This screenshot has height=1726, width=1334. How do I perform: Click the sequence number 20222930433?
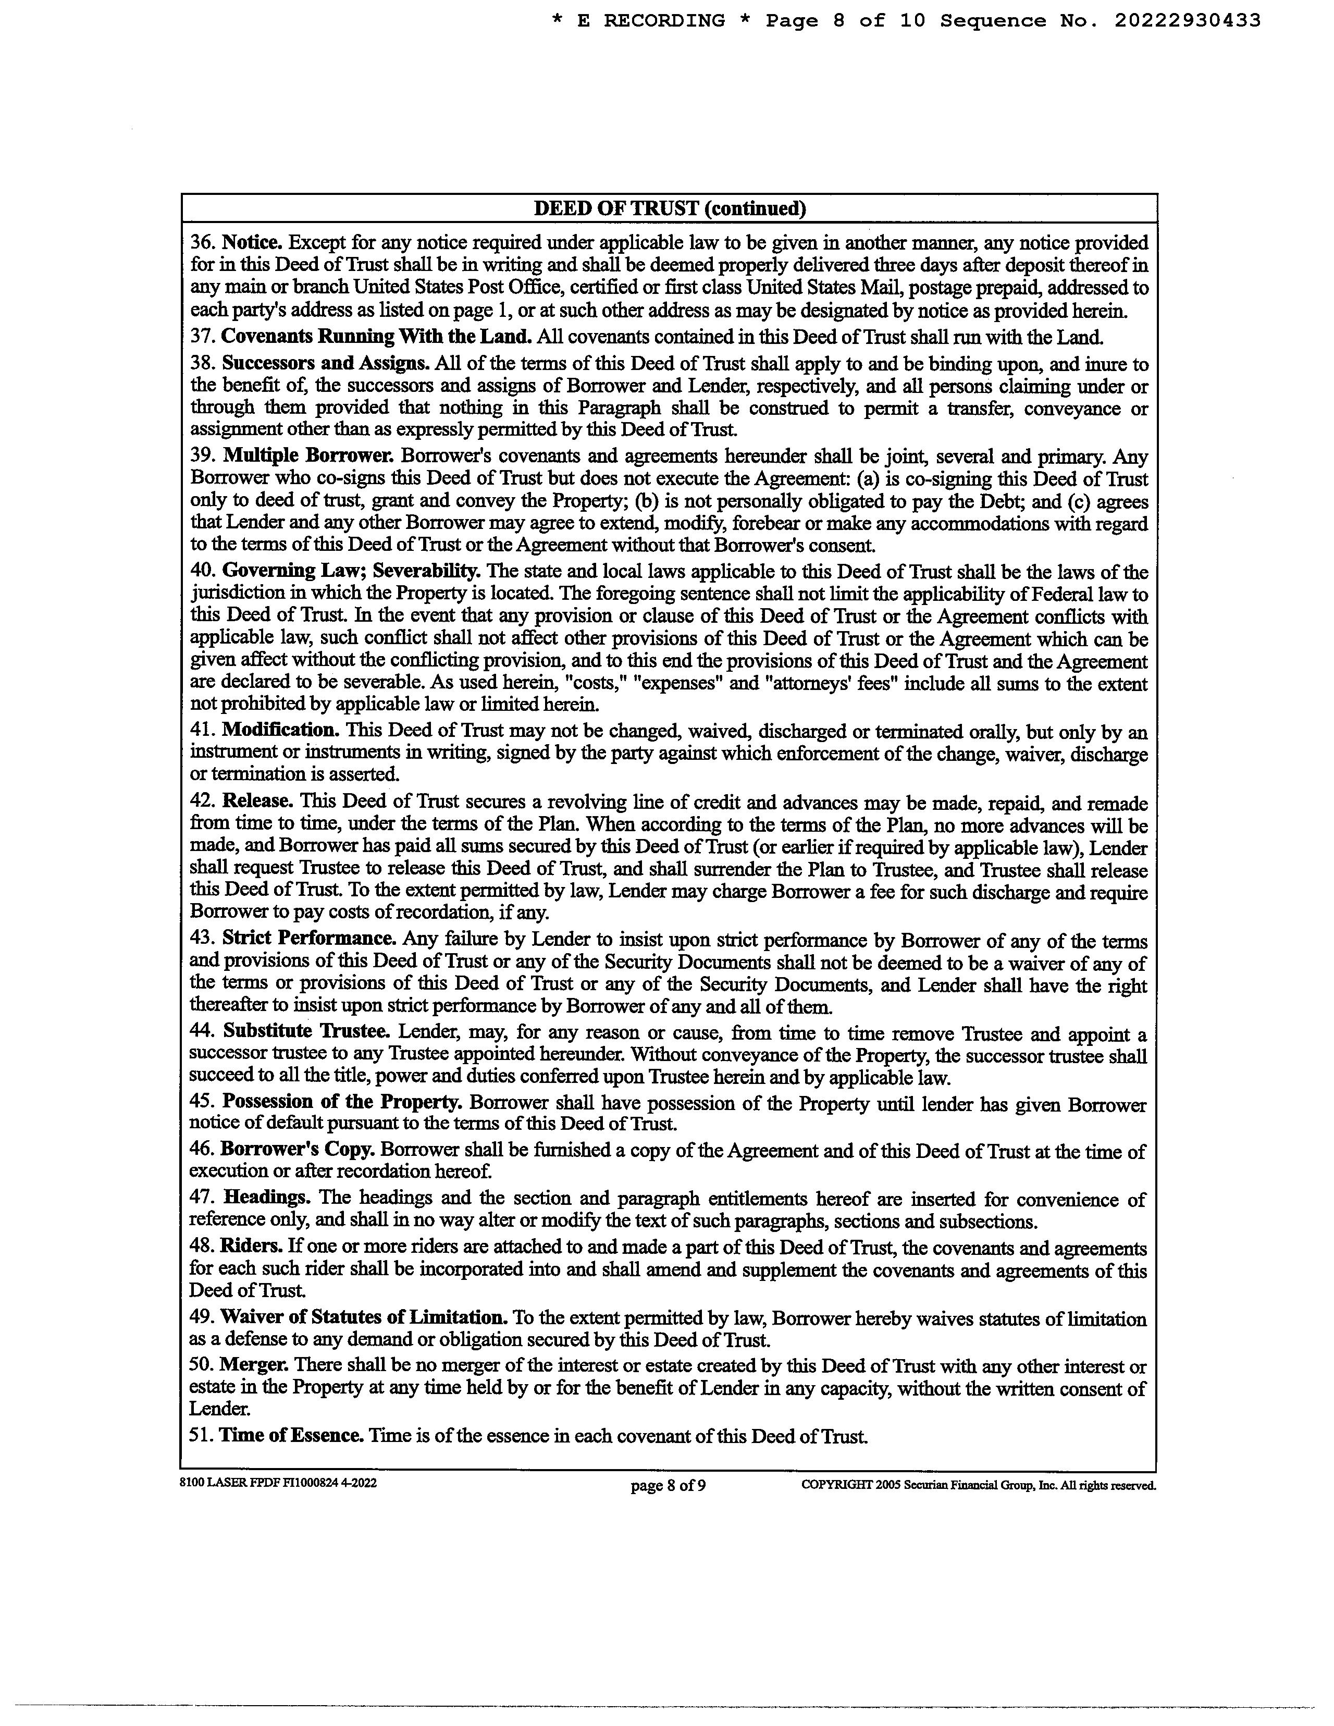coord(1187,21)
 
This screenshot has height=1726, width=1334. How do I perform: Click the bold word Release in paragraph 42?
coord(257,802)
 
